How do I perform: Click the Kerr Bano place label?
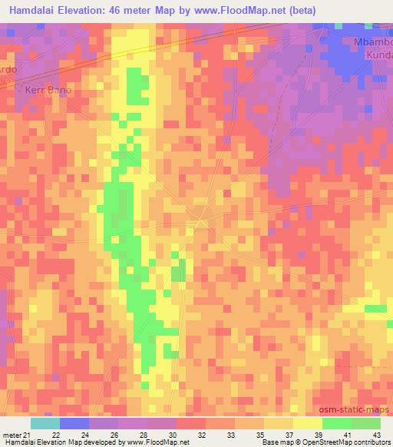(x=48, y=90)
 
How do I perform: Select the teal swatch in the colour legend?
(x=45, y=423)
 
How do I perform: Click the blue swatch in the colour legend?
(x=74, y=423)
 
